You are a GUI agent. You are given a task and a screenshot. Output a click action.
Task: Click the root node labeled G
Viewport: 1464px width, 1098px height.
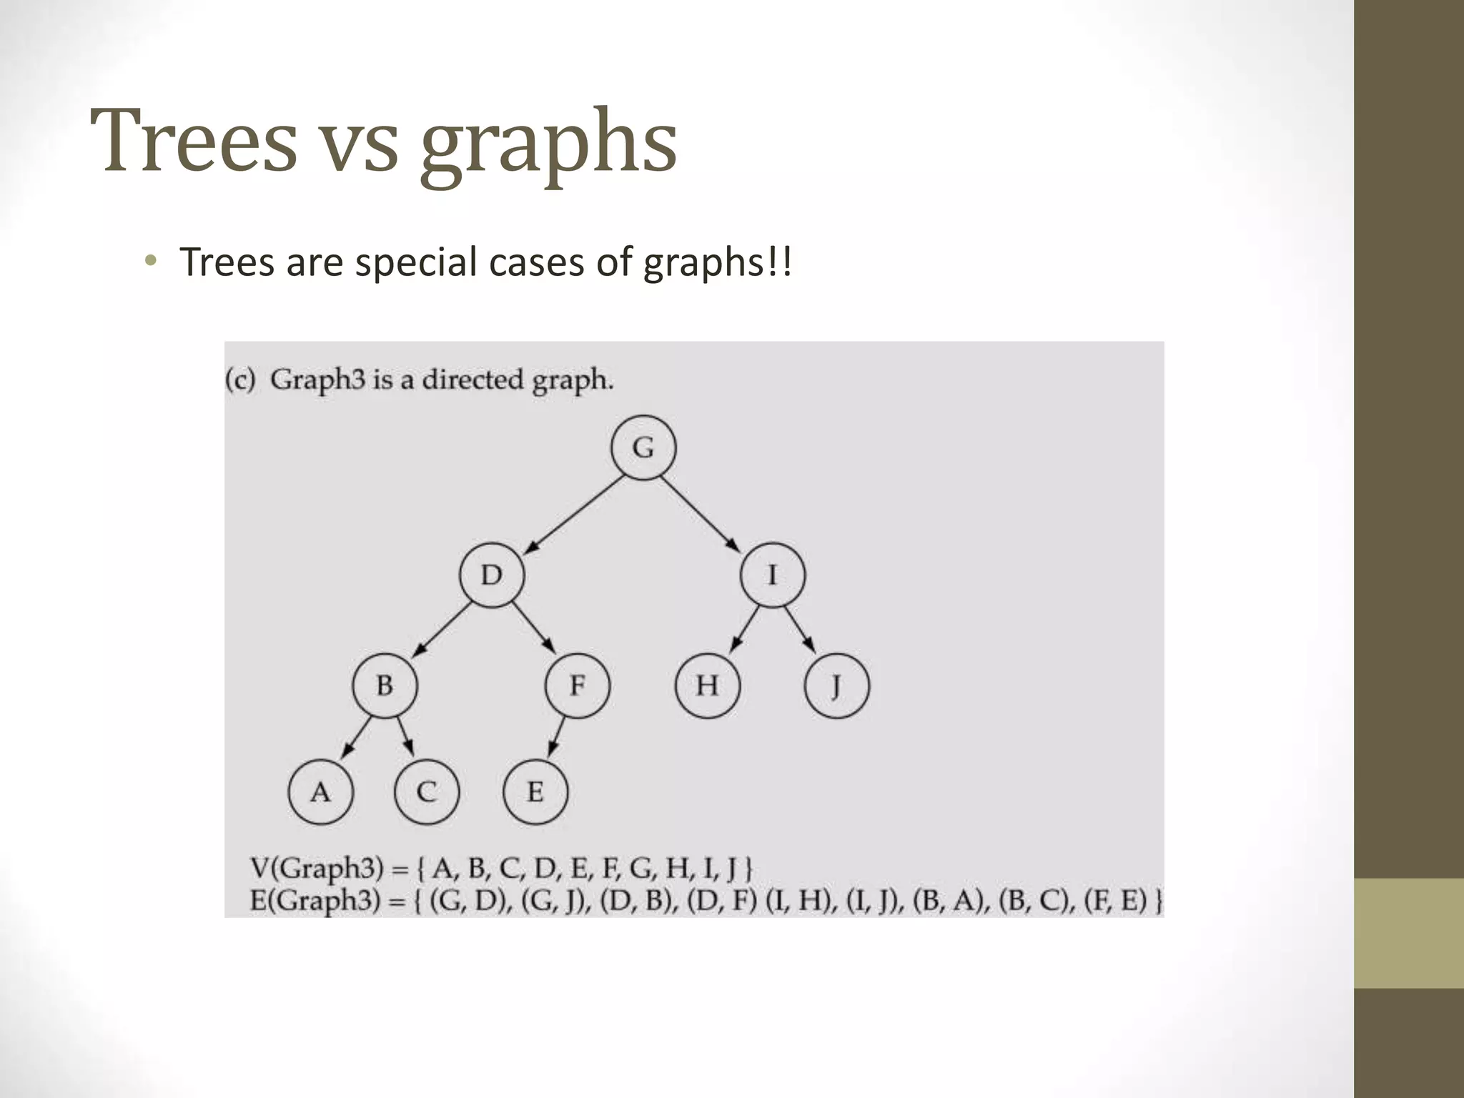point(643,447)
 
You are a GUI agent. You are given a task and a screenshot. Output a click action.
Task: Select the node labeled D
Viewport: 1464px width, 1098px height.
point(491,575)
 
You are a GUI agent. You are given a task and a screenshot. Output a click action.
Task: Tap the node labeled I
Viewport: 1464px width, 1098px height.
point(772,575)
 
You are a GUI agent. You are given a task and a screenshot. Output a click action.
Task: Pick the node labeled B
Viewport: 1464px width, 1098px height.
point(385,686)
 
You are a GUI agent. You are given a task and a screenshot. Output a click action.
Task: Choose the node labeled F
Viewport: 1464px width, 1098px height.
point(577,686)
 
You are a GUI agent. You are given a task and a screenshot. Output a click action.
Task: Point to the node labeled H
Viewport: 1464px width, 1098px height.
point(707,686)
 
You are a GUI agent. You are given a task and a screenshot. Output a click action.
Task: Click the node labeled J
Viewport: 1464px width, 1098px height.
point(836,686)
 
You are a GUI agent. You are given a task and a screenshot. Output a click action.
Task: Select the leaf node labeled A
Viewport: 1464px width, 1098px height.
point(320,792)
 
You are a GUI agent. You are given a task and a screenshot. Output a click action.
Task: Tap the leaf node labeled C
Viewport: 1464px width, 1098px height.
point(427,792)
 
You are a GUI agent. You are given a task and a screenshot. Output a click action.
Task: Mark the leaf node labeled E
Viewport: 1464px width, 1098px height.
point(535,792)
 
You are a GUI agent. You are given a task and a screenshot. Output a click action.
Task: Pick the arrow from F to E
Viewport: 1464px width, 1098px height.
point(557,738)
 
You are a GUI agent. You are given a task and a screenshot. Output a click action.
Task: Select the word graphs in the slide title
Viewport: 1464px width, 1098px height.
point(548,143)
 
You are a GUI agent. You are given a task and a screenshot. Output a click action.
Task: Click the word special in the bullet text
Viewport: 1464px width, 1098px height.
point(416,262)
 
